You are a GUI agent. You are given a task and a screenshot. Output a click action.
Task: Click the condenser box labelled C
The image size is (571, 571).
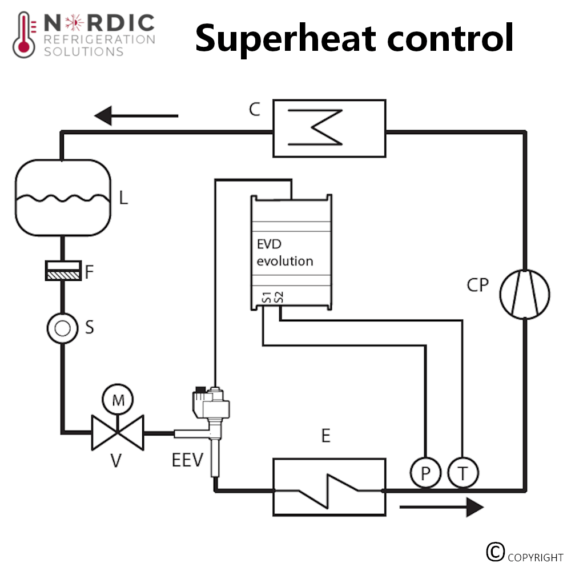[x=329, y=128]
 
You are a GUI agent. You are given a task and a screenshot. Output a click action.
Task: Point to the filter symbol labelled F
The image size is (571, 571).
[x=62, y=271]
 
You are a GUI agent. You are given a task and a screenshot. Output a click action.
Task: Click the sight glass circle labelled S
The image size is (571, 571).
[x=62, y=328]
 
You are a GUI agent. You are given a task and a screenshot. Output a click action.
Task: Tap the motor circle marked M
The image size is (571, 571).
[x=118, y=400]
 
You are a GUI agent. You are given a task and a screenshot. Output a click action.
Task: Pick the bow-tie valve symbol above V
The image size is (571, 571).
[x=118, y=433]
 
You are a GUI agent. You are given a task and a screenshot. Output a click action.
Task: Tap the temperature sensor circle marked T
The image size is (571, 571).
[x=463, y=473]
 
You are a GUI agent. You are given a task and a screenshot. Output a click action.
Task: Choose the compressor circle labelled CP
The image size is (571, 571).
[x=525, y=295]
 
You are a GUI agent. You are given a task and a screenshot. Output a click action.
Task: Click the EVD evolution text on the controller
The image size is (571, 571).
[x=285, y=254]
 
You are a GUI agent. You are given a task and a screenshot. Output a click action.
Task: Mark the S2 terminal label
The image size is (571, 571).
[x=279, y=297]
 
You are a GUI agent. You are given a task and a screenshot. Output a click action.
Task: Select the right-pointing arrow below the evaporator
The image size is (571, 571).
[x=442, y=506]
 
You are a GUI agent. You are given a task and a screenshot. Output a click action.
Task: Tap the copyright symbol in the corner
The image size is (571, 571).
[x=496, y=551]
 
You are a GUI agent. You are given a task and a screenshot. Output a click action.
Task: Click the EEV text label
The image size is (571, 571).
[x=187, y=460]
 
